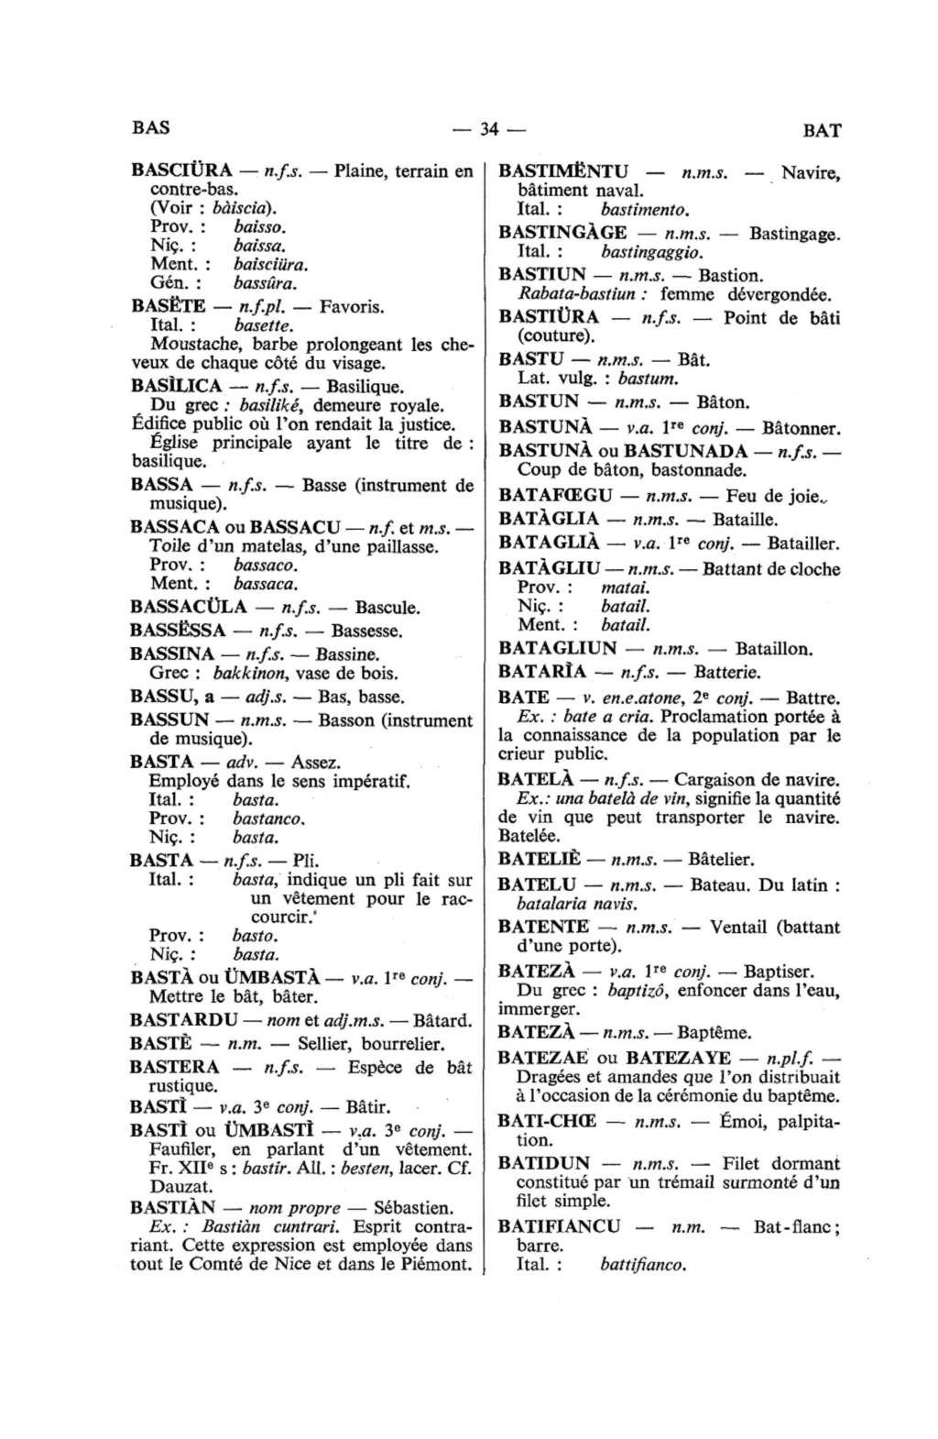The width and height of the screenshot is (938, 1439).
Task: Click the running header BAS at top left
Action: [x=150, y=127]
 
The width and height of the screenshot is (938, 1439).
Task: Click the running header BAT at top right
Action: [x=822, y=130]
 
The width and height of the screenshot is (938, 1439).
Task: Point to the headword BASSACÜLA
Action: [x=189, y=607]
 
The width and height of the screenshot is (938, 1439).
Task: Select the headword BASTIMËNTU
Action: [x=563, y=170]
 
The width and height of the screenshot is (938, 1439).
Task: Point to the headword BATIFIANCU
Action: [x=559, y=1226]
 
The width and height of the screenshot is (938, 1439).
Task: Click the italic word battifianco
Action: [x=643, y=1265]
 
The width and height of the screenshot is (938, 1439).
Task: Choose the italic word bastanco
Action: [x=267, y=818]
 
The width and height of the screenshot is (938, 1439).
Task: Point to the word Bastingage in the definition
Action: [x=793, y=234]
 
